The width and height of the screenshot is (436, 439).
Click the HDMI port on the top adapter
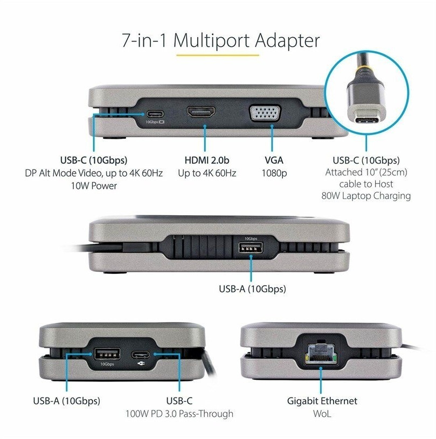201,112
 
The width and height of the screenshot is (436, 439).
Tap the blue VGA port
265,113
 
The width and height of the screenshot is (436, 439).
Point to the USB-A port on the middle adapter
251,248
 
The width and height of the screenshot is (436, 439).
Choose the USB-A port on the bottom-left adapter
107,354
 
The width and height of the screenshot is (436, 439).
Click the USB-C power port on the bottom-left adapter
141,355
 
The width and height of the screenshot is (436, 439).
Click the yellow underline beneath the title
218,55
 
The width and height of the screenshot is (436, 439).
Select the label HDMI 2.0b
207,160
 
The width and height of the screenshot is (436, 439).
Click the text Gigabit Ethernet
322,401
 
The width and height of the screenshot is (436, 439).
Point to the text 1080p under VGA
274,173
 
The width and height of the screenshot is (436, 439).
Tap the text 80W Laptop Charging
366,196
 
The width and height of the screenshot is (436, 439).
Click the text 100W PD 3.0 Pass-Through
179,414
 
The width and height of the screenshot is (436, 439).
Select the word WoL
322,414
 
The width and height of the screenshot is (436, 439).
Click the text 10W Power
94,186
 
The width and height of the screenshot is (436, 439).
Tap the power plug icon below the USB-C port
141,363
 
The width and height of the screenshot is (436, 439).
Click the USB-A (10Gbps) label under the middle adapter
252,289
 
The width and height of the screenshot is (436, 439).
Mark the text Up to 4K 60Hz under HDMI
207,173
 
